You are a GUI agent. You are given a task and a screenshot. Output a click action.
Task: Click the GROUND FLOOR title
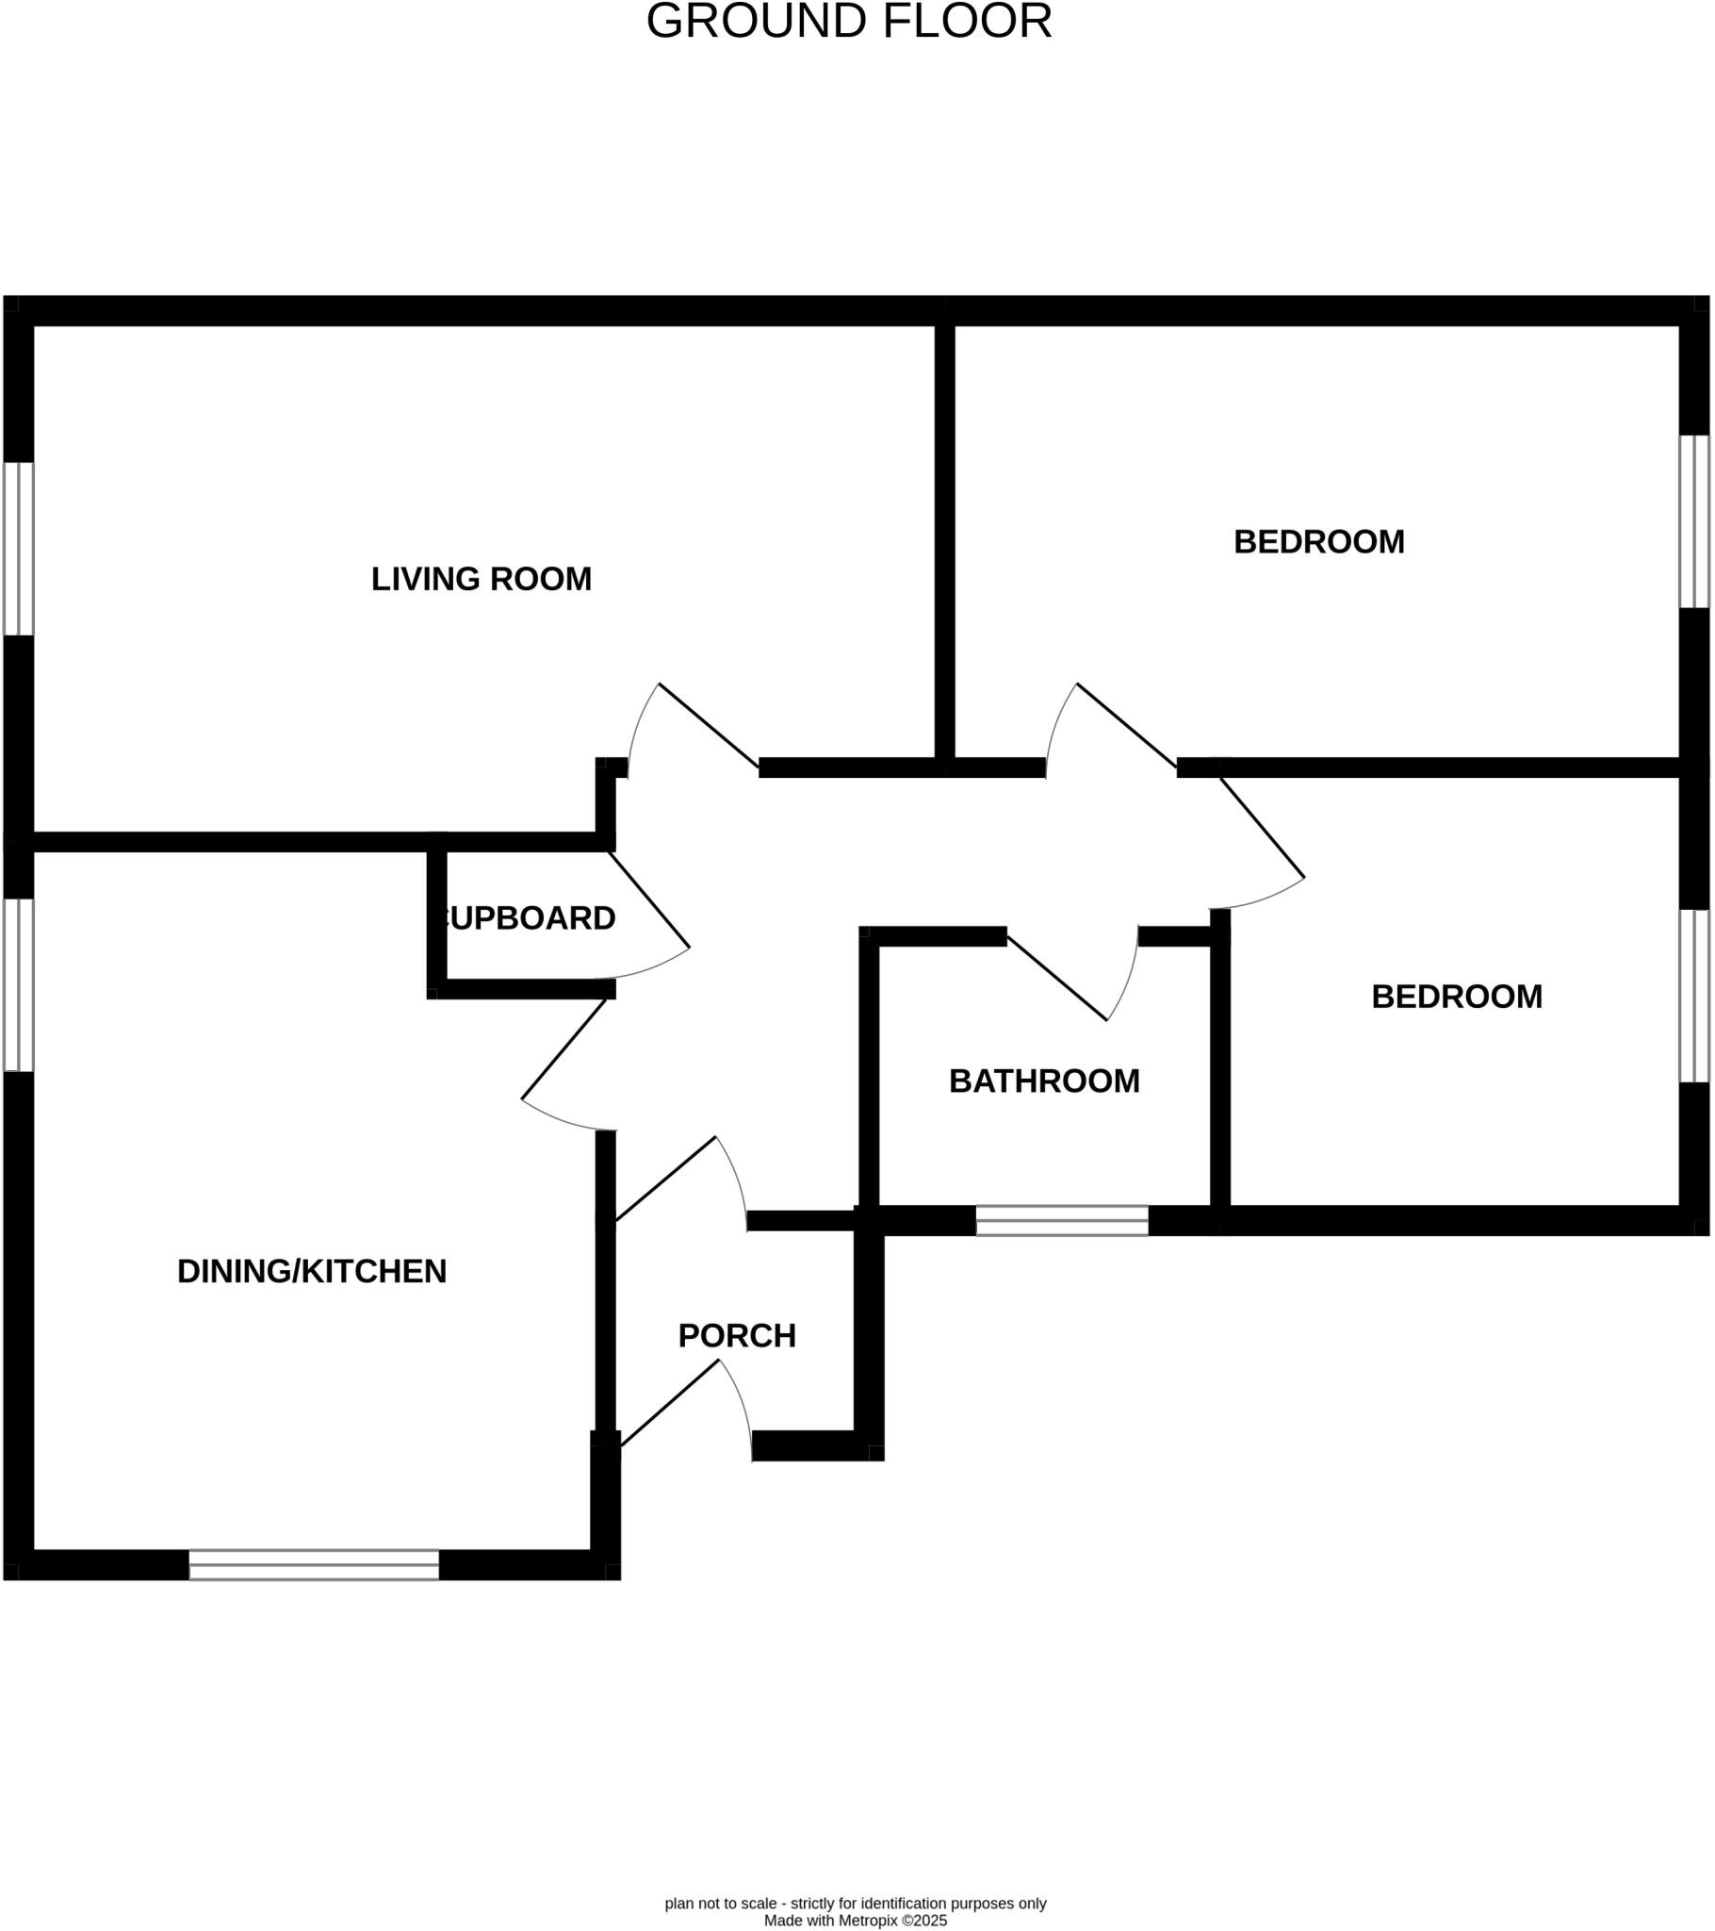click(848, 22)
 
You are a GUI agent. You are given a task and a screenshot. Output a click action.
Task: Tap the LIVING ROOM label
click(481, 579)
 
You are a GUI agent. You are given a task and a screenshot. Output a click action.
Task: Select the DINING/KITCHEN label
click(312, 1272)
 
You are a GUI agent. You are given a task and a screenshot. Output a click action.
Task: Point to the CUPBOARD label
click(528, 918)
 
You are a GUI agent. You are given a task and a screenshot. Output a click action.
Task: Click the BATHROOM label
click(1043, 1081)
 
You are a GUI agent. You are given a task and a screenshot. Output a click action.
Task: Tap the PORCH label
click(737, 1336)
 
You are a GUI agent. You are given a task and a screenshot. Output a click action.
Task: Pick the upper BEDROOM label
click(1318, 542)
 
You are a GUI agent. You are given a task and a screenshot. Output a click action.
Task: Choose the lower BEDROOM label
click(1456, 997)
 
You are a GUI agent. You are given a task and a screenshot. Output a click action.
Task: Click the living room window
click(19, 548)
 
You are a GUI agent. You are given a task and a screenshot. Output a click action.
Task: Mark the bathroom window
click(1061, 1221)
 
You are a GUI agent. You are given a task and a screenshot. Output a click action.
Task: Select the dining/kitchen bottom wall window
click(314, 1564)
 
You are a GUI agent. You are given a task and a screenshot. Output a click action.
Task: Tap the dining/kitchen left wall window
click(19, 984)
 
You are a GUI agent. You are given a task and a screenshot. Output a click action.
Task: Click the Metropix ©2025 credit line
click(855, 1921)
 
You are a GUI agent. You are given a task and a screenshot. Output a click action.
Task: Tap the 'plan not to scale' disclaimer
click(855, 1904)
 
